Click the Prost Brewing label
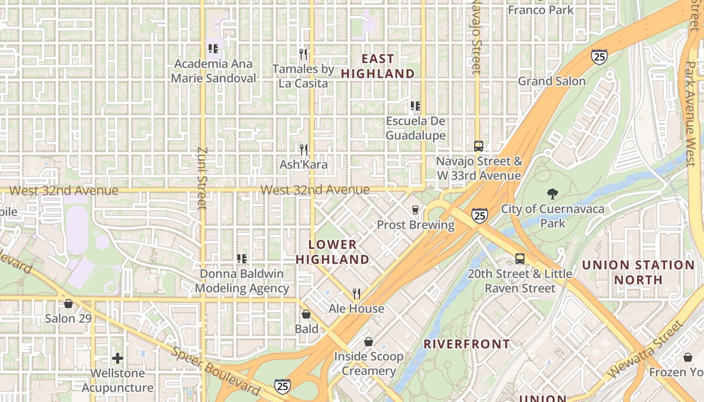pyautogui.click(x=415, y=225)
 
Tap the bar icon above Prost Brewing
pyautogui.click(x=415, y=210)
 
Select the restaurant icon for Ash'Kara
pyautogui.click(x=303, y=150)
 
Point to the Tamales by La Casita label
pyautogui.click(x=303, y=76)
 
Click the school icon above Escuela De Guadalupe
pyautogui.click(x=415, y=106)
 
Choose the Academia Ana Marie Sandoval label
pyautogui.click(x=213, y=71)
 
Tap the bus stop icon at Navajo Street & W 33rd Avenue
pyautogui.click(x=478, y=146)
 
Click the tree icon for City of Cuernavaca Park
pyautogui.click(x=552, y=194)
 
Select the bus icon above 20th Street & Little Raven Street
pyautogui.click(x=519, y=259)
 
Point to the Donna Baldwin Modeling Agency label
pyautogui.click(x=242, y=281)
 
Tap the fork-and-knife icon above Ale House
pyautogui.click(x=357, y=293)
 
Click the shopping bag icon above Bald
pyautogui.click(x=306, y=314)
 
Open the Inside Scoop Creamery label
pyautogui.click(x=369, y=364)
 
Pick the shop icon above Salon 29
pyautogui.click(x=68, y=304)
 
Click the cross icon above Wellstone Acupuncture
pyautogui.click(x=118, y=358)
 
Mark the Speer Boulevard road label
pyautogui.click(x=216, y=371)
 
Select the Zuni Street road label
pyautogui.click(x=203, y=178)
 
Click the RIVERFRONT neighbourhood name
pyautogui.click(x=467, y=344)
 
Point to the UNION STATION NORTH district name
pyautogui.click(x=638, y=272)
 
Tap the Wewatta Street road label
pyautogui.click(x=645, y=350)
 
